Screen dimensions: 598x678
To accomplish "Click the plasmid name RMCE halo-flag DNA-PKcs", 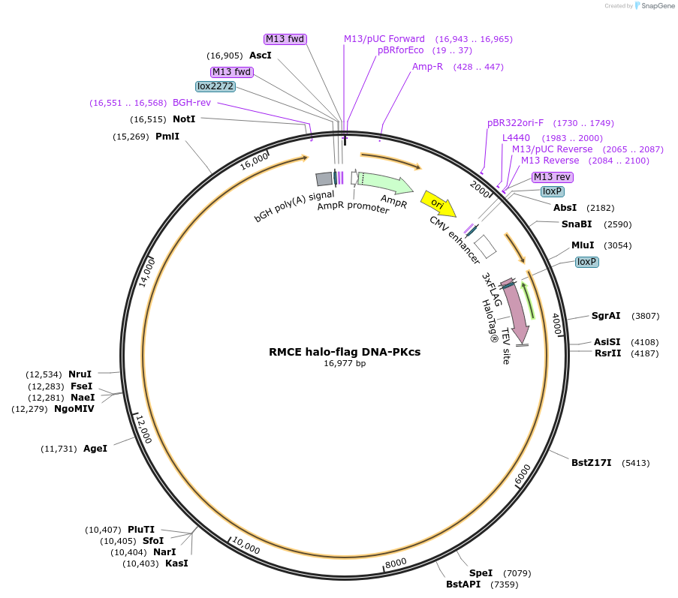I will coord(345,351).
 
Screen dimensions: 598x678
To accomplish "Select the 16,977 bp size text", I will coord(345,363).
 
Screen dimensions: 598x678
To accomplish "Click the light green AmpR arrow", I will coord(384,182).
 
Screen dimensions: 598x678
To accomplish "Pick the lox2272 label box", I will coord(215,86).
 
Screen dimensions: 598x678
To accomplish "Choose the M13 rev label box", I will coord(553,177).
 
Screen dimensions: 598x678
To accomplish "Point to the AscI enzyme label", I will coord(260,56).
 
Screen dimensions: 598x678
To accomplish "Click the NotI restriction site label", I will coord(184,119).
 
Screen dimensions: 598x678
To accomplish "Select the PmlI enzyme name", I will coord(167,137).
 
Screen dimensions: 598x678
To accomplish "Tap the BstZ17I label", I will coord(591,463).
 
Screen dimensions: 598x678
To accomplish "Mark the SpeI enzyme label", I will coord(481,573).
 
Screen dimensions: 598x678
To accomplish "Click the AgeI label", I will coord(95,448).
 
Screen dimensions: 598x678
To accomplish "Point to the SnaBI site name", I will coord(577,224).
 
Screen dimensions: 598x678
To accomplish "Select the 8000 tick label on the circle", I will coord(396,563).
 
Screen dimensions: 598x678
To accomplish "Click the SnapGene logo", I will coord(651,6).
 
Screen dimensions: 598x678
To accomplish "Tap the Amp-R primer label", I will coord(427,67).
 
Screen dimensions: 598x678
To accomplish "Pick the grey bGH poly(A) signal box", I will coord(324,179).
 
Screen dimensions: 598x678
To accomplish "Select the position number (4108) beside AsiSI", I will coord(644,341).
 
